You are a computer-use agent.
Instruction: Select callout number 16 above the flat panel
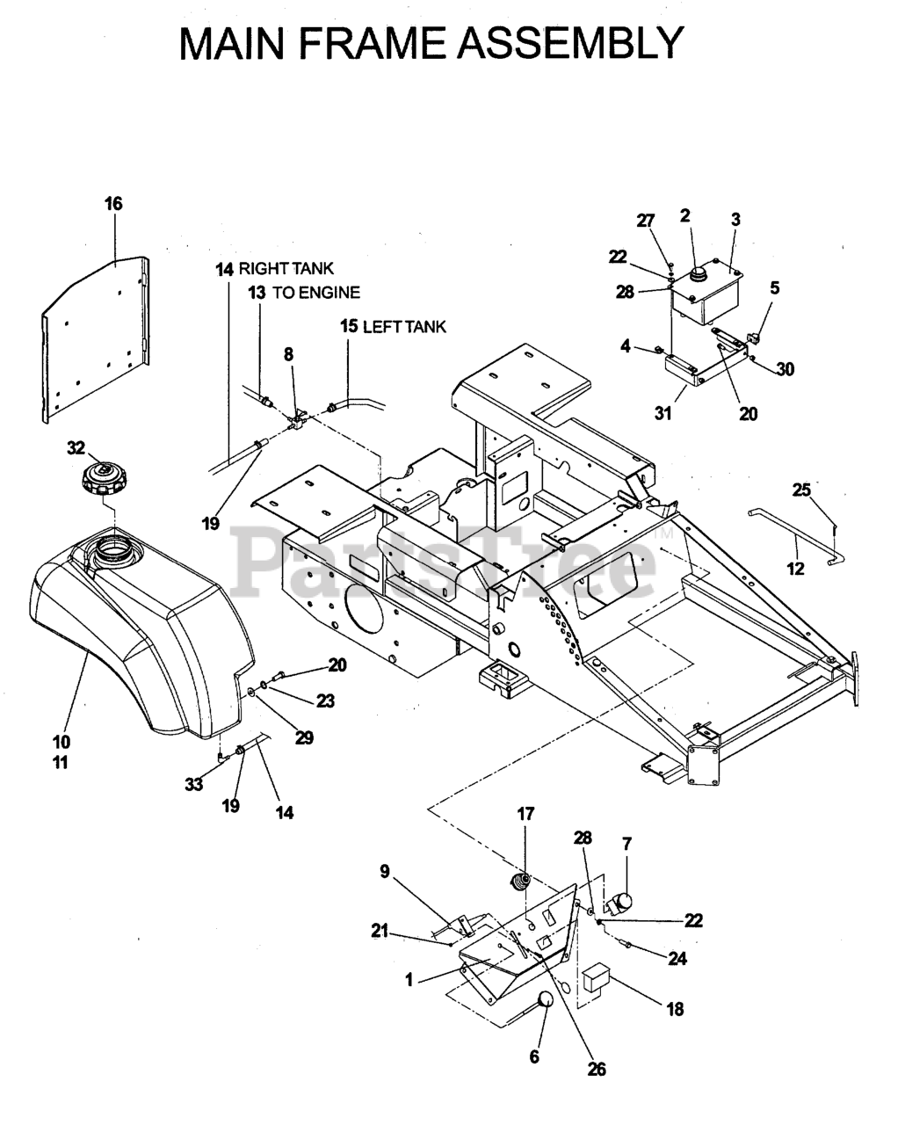(113, 203)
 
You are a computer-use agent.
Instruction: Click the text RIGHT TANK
(286, 269)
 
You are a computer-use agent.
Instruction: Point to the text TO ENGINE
(316, 293)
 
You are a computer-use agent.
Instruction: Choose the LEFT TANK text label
(404, 327)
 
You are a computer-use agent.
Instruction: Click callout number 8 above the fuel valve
(288, 354)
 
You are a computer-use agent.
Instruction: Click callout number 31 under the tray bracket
(663, 413)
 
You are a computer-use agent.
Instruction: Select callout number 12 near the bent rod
(795, 569)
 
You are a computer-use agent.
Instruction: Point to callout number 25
(801, 490)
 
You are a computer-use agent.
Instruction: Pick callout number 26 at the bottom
(597, 1069)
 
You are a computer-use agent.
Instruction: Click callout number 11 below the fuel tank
(61, 763)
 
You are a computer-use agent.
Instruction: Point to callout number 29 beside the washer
(304, 737)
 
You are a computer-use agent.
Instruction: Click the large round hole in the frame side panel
(364, 607)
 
